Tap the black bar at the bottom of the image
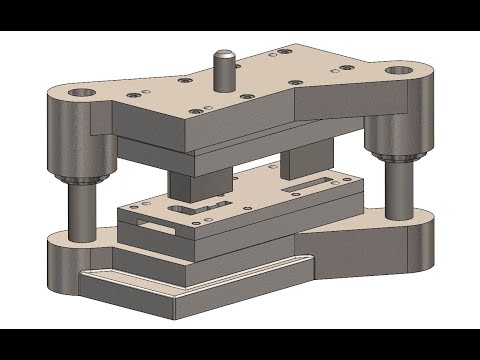240,345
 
